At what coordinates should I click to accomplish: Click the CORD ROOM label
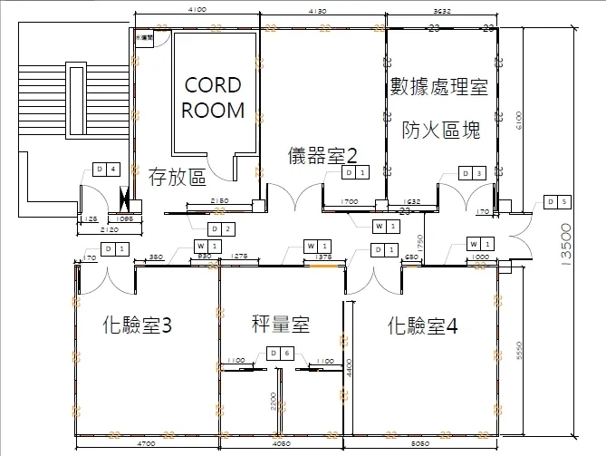click(213, 98)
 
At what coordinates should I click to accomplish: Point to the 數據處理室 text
click(439, 87)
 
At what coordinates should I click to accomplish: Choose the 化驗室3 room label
click(138, 325)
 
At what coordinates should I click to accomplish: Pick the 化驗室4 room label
click(422, 325)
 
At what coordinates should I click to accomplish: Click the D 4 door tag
click(106, 170)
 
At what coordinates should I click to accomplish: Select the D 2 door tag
click(220, 228)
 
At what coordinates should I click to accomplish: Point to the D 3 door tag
click(473, 173)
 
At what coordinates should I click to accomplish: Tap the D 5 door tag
click(557, 201)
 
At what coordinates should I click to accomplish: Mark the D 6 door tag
click(281, 353)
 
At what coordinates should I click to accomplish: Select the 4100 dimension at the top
click(197, 9)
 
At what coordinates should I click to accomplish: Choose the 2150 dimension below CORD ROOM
click(218, 200)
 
